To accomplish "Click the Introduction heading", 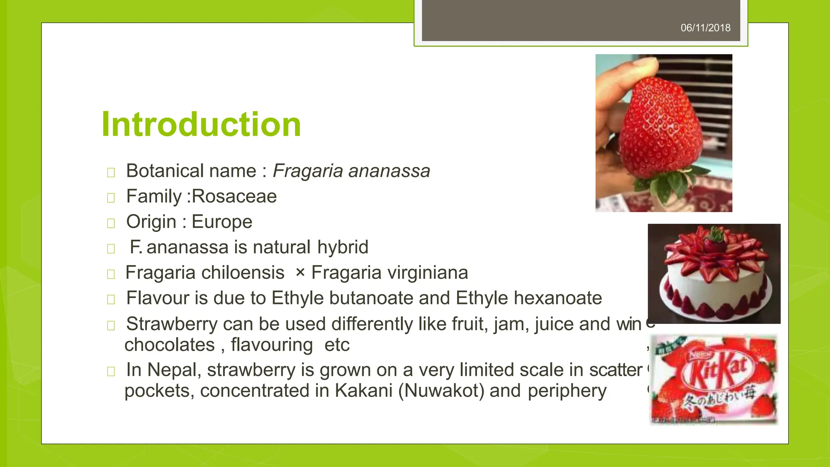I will click(201, 124).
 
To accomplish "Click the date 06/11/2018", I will click(705, 28).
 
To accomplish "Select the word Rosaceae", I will click(234, 197).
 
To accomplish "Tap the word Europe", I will click(222, 222).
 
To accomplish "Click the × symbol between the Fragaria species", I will click(300, 272).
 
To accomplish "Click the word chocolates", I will click(169, 345).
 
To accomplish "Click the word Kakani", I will click(364, 391).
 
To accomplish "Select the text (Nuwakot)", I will click(441, 391).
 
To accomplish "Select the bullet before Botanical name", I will click(111, 173).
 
